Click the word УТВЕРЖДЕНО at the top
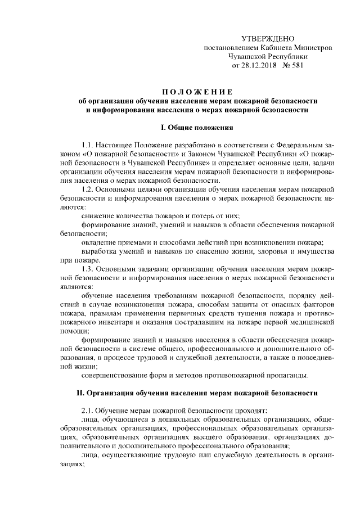268,39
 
